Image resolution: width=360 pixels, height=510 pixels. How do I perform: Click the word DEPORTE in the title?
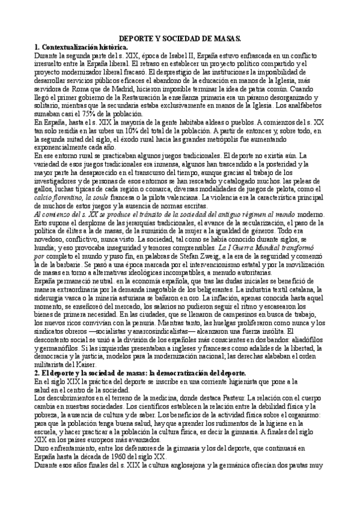tap(131, 38)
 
